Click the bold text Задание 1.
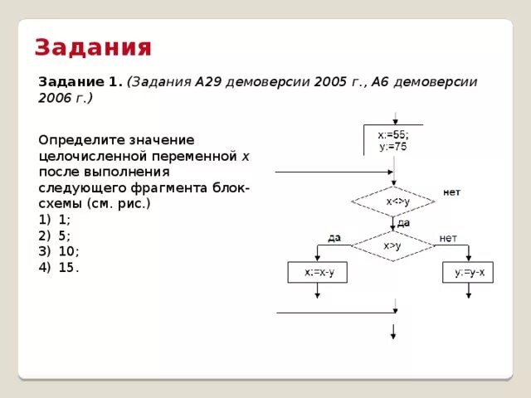point(80,82)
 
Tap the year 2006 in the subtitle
point(56,98)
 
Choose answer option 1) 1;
point(55,220)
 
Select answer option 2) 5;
point(55,235)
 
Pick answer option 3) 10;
point(59,251)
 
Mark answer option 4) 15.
point(59,267)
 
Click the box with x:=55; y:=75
point(393,140)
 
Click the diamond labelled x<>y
point(393,201)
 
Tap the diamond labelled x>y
point(393,245)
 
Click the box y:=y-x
point(469,272)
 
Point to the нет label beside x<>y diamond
point(451,192)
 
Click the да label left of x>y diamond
point(334,237)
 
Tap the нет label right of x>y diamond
point(448,237)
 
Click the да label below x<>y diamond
point(404,223)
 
